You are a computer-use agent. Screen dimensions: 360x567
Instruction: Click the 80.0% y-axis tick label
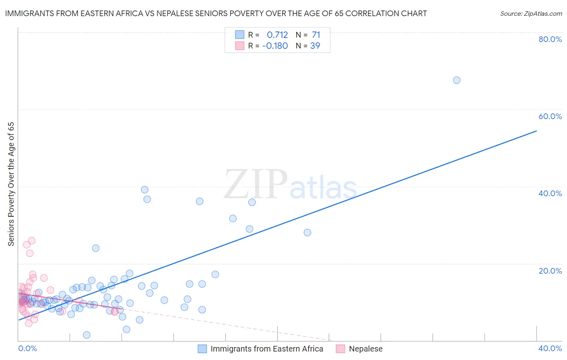[x=550, y=39]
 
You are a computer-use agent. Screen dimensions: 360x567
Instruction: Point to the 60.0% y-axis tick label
[x=550, y=116]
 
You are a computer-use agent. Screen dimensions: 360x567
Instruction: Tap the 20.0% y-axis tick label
[x=550, y=270]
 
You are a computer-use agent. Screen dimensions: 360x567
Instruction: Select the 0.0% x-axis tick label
[x=27, y=348]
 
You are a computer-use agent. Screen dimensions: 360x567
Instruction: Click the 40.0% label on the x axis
[x=550, y=348]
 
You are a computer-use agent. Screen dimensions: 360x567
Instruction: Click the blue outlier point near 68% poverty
[x=457, y=80]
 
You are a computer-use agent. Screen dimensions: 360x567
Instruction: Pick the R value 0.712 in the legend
[x=277, y=35]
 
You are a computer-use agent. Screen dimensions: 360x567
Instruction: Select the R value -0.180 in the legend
[x=275, y=46]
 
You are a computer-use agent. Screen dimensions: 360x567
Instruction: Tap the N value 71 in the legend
[x=316, y=35]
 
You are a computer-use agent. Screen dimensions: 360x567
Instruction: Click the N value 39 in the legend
[x=315, y=46]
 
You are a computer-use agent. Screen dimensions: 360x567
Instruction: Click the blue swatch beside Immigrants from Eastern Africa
[x=202, y=349]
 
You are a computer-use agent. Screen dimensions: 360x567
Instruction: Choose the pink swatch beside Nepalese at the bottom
[x=340, y=349]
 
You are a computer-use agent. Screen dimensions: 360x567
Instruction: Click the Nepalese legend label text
[x=365, y=349]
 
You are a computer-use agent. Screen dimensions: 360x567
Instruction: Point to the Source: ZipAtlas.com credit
[x=531, y=14]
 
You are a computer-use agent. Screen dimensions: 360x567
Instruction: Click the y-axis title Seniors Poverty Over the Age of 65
[x=11, y=184]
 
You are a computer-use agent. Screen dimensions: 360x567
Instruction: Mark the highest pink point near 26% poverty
[x=32, y=241]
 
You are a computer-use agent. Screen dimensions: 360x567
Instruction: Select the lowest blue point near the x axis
[x=87, y=335]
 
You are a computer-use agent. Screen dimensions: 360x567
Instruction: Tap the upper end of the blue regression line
[x=536, y=131]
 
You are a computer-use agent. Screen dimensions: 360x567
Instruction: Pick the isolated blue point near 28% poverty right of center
[x=307, y=232]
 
